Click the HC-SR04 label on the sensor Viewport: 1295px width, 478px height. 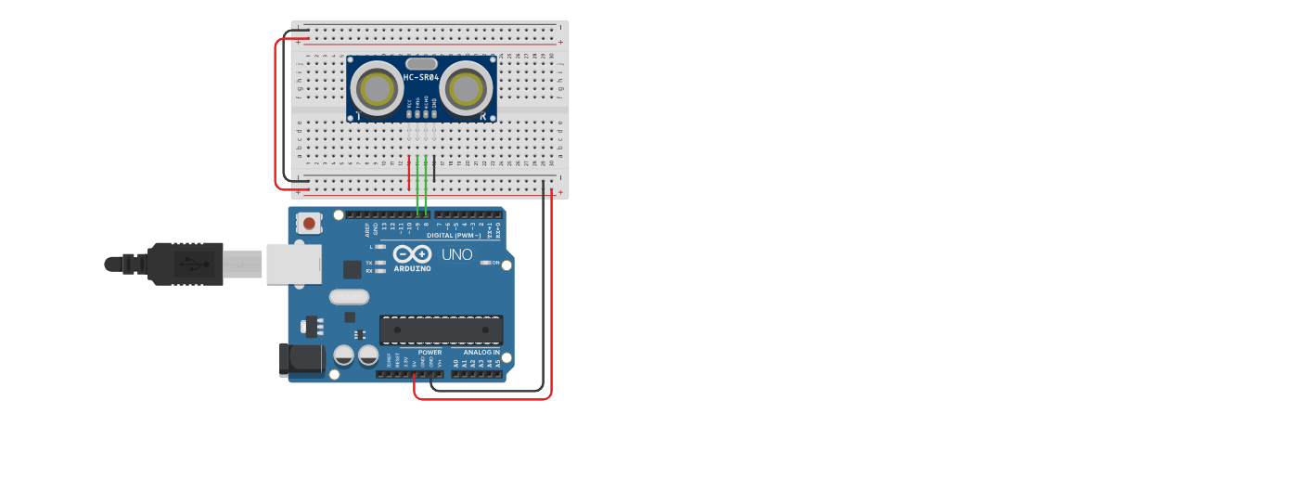421,77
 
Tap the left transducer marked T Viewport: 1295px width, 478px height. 377,89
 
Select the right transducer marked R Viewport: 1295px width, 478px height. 466,89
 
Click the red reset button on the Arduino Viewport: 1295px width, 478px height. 309,224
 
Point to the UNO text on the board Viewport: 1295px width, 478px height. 456,254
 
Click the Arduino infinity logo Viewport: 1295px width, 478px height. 412,254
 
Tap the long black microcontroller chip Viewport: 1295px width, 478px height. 442,329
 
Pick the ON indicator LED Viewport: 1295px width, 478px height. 486,263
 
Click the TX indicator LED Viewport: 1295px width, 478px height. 379,263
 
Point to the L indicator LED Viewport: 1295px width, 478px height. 379,247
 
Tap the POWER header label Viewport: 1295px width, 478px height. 430,353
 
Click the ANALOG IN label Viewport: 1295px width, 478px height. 481,353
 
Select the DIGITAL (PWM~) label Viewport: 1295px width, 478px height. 454,236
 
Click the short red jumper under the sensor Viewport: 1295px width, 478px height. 409,173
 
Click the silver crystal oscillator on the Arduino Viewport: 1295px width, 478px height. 349,297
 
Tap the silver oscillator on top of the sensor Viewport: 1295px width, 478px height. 421,62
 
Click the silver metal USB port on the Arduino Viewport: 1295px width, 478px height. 293,264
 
